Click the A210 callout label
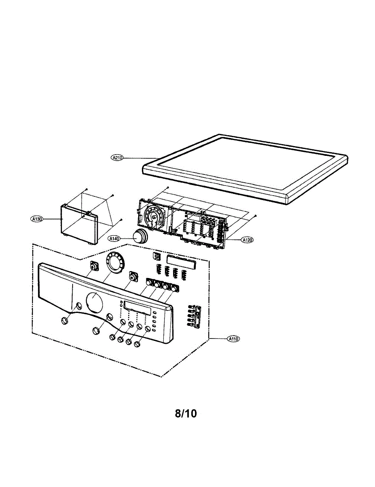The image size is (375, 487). point(117,157)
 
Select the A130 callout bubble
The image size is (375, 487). point(37,219)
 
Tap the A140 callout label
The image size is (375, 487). point(114,239)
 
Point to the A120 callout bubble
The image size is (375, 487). point(247,240)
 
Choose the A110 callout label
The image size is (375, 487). point(232,338)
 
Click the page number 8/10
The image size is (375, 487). point(186,414)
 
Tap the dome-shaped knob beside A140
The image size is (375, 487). point(139,235)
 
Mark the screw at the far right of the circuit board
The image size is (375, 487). point(256,215)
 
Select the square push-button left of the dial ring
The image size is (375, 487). point(94,267)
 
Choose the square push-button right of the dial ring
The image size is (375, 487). point(132,276)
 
